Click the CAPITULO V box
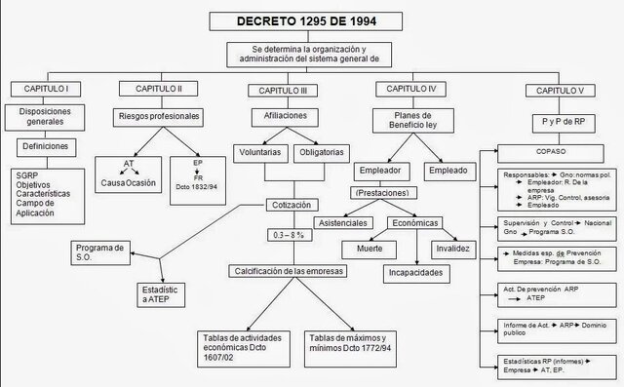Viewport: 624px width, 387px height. click(x=554, y=91)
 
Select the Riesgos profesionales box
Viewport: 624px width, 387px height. click(x=158, y=117)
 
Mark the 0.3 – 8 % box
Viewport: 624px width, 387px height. click(x=293, y=237)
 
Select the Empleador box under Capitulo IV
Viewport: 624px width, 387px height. click(x=379, y=170)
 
